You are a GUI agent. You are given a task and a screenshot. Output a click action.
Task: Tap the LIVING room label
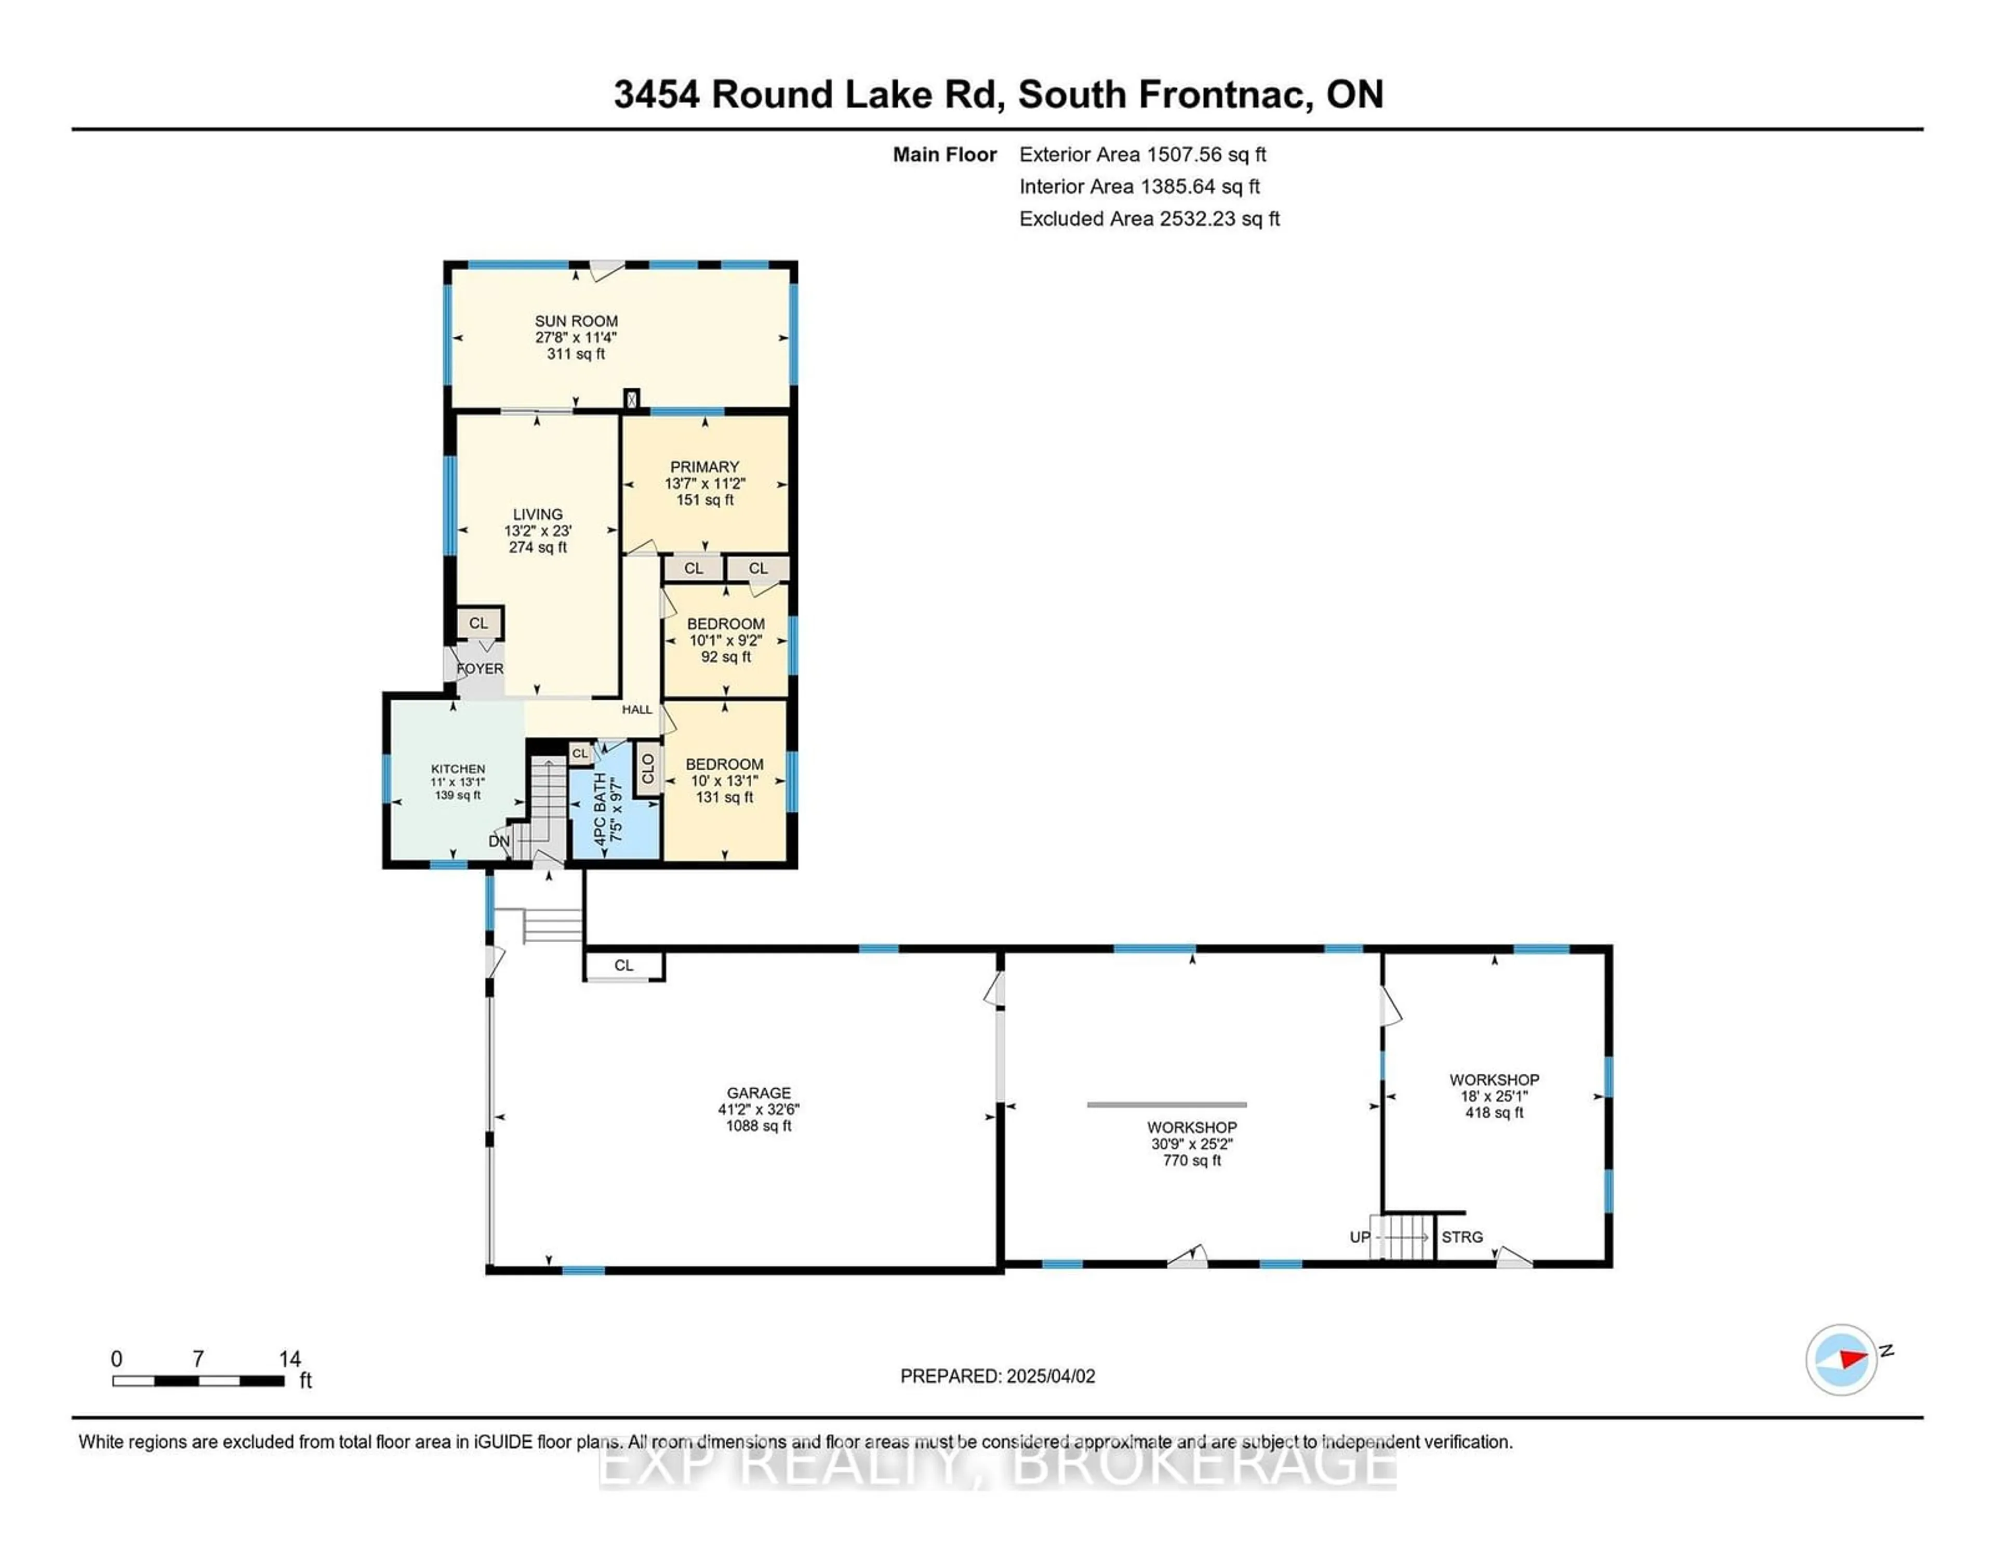pyautogui.click(x=538, y=515)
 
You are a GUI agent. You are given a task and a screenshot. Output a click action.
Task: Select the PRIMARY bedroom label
pyautogui.click(x=704, y=467)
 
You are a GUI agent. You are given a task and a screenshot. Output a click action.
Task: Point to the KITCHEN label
pyautogui.click(x=458, y=769)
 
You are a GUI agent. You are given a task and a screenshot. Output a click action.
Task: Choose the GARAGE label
pyautogui.click(x=759, y=1092)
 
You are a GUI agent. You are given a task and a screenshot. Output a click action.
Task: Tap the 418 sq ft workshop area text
pyautogui.click(x=1494, y=1113)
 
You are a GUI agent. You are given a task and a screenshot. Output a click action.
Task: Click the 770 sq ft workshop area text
pyautogui.click(x=1192, y=1160)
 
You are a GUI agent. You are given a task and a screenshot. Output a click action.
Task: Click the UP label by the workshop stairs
pyautogui.click(x=1360, y=1237)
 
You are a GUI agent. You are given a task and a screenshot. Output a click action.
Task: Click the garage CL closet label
pyautogui.click(x=624, y=966)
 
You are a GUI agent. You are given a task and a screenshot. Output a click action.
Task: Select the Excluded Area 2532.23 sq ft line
pyautogui.click(x=1150, y=219)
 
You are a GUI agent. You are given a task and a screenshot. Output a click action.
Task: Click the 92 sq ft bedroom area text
pyautogui.click(x=726, y=657)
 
